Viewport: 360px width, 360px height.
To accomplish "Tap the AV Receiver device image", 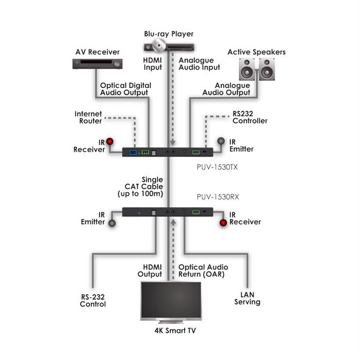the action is tap(97, 64).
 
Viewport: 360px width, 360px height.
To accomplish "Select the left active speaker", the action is tap(247, 69).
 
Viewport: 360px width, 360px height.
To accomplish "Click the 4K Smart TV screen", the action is tap(171, 300).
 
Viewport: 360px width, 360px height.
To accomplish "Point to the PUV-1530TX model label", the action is tap(217, 167).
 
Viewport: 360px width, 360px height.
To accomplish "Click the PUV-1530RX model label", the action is tap(218, 197).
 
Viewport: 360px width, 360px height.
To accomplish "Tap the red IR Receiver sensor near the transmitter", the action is tap(110, 141).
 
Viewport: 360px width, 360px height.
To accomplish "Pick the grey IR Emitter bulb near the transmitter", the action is tap(221, 141).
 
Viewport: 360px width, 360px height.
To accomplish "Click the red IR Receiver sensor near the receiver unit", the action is tap(223, 223).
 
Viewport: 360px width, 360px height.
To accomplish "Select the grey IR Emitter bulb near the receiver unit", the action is tap(112, 223).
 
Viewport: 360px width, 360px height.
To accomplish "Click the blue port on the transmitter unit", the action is tap(133, 153).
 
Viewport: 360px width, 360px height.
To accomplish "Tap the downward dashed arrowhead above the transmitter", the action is tap(173, 143).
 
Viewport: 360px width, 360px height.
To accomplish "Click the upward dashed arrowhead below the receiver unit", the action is tap(173, 222).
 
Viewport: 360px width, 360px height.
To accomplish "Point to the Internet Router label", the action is tap(88, 117).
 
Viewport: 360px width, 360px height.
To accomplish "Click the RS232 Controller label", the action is tap(250, 117).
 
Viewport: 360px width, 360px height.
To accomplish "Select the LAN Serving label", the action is tap(247, 298).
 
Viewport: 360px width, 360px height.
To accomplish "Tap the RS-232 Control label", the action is tap(93, 300).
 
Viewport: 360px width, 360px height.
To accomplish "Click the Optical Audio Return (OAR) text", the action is tap(203, 271).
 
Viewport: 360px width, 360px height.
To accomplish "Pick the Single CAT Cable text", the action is tap(144, 183).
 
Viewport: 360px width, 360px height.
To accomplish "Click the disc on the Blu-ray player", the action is tap(158, 45).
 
